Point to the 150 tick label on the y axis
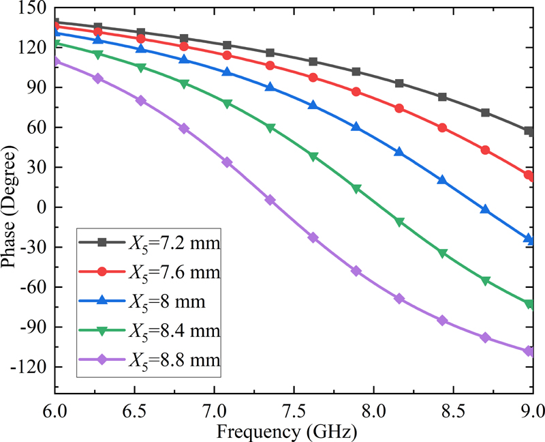[x=33, y=8]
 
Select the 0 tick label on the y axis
[x=42, y=207]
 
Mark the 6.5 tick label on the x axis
[x=134, y=412]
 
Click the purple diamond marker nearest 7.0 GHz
[x=228, y=162]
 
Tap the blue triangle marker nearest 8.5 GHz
[x=442, y=181]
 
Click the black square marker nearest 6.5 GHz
[x=141, y=33]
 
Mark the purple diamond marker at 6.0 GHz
[x=56, y=61]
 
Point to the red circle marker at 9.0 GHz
[x=529, y=175]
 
